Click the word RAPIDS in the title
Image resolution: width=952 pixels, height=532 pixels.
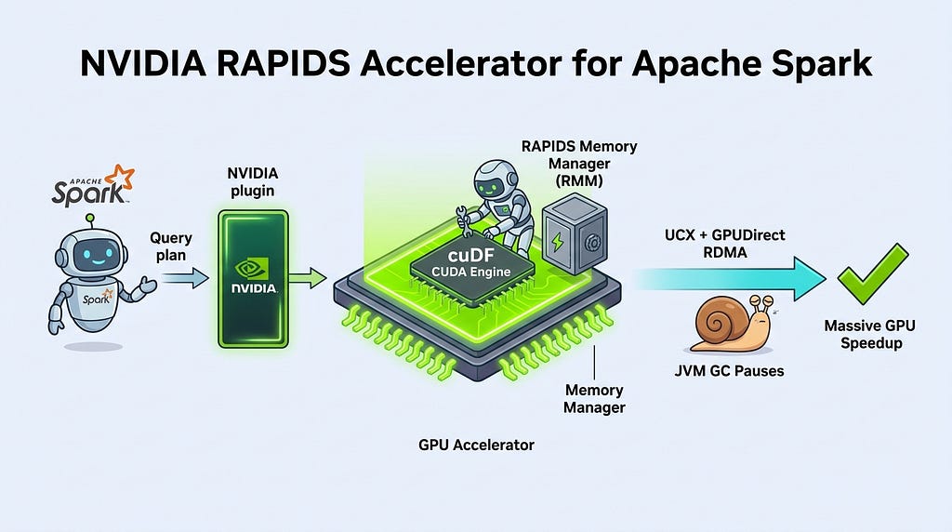tap(283, 63)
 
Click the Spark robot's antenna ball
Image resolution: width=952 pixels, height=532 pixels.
tap(90, 218)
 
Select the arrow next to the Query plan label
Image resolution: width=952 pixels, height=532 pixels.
tap(185, 278)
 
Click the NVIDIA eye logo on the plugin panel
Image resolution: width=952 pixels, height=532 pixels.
tap(252, 268)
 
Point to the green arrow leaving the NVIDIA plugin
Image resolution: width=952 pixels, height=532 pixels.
tap(307, 278)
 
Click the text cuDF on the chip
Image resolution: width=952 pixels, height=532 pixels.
tap(470, 255)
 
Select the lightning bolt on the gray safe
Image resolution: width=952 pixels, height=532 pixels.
tap(558, 242)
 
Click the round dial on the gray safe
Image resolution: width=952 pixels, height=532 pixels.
tap(593, 243)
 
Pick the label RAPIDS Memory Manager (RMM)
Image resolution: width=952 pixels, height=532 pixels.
tap(579, 164)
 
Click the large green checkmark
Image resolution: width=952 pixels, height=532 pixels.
tap(872, 273)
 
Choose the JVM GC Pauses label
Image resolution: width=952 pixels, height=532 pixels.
tap(729, 370)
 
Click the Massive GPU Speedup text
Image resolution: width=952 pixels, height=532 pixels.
tap(870, 334)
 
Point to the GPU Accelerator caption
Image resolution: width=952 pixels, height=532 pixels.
tap(477, 445)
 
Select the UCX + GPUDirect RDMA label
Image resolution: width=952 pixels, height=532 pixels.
tap(725, 243)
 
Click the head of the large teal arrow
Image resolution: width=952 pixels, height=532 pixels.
tap(810, 279)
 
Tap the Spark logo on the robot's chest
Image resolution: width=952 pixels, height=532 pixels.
tap(98, 299)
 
